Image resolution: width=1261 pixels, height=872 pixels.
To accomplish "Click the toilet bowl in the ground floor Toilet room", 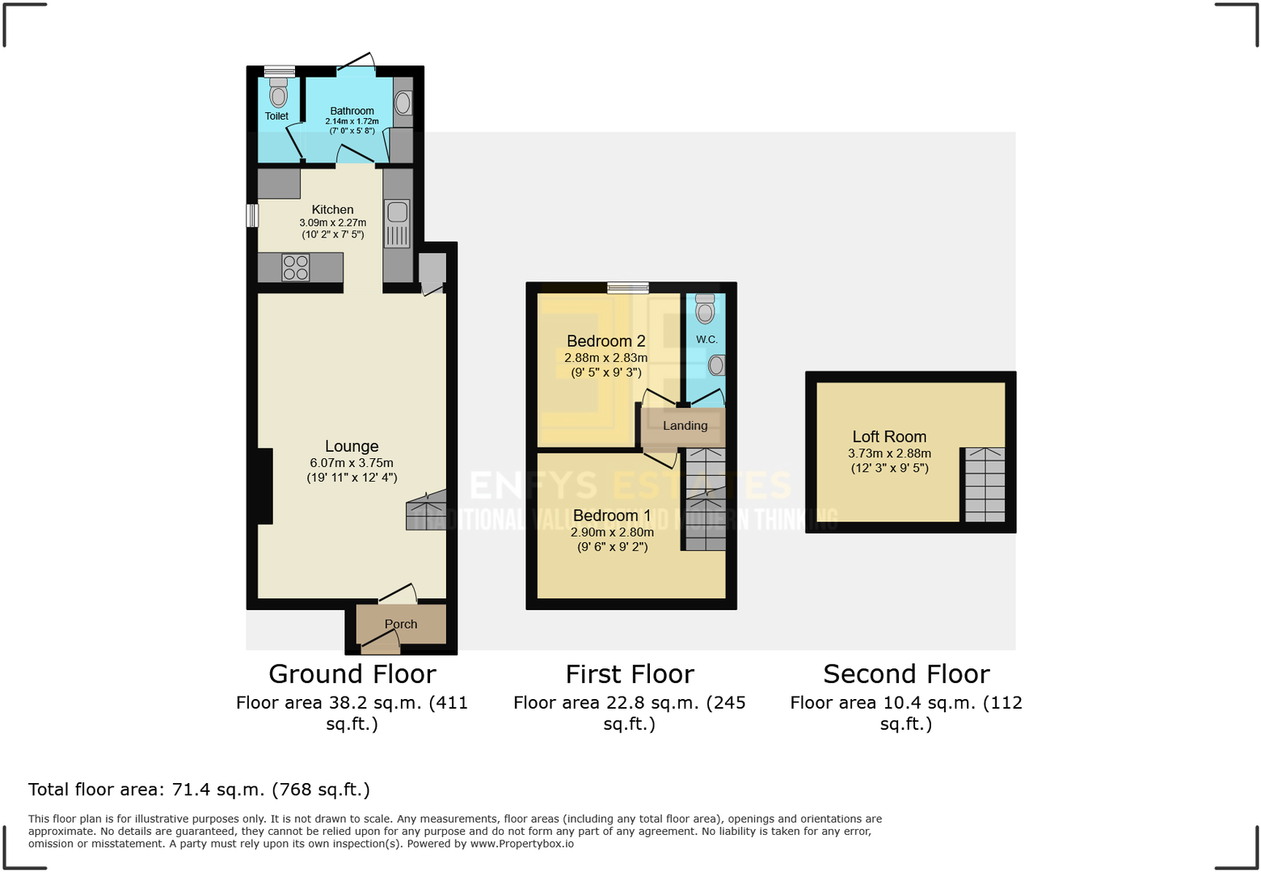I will pyautogui.click(x=278, y=95).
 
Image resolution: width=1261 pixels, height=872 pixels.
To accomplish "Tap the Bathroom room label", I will pyautogui.click(x=352, y=111).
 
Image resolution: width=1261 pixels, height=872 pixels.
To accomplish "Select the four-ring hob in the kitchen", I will pyautogui.click(x=296, y=267).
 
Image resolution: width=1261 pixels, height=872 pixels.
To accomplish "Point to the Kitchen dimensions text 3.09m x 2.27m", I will pyautogui.click(x=332, y=222).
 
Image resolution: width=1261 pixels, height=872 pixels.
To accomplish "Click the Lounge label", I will pyautogui.click(x=352, y=446).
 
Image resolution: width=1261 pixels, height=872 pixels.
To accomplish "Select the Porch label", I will pyautogui.click(x=401, y=624).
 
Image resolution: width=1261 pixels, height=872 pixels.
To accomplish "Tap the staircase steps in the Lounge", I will pyautogui.click(x=426, y=511).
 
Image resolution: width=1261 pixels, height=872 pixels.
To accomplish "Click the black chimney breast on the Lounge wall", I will pyautogui.click(x=264, y=486).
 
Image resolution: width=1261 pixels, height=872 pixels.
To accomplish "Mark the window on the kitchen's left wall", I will pyautogui.click(x=251, y=216).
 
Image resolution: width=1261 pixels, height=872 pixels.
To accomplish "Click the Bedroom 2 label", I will pyautogui.click(x=605, y=341).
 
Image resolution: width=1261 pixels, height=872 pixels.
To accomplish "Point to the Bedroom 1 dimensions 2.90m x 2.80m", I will pyautogui.click(x=612, y=532).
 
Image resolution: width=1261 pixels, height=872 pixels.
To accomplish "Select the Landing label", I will pyautogui.click(x=685, y=426).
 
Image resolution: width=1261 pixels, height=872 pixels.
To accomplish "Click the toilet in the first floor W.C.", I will pyautogui.click(x=705, y=310).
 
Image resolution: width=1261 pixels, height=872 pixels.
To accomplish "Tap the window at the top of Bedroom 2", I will pyautogui.click(x=628, y=287).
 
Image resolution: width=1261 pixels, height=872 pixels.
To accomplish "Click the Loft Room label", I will pyautogui.click(x=889, y=436).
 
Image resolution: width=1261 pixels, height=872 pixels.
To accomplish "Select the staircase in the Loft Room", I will pyautogui.click(x=985, y=484).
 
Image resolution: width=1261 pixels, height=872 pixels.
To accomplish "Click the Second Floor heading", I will pyautogui.click(x=906, y=674).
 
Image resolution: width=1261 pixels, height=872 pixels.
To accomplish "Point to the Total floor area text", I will pyautogui.click(x=199, y=790).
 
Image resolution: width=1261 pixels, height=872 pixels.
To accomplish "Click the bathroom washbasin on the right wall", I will pyautogui.click(x=403, y=103).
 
